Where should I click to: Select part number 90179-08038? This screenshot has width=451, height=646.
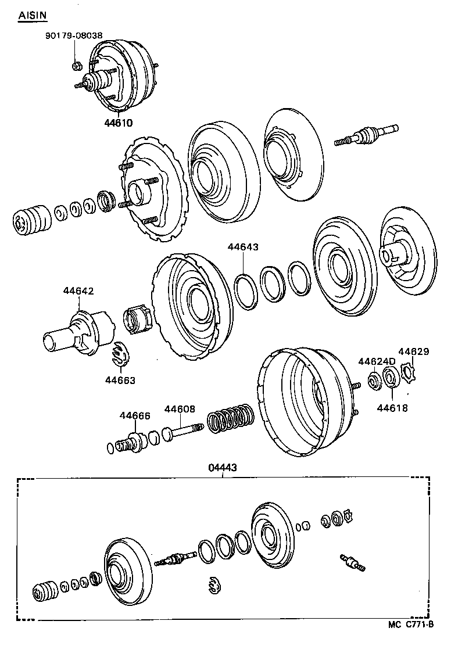73,35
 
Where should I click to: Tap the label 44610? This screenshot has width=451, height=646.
119,123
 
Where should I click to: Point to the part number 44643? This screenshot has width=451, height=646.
242,247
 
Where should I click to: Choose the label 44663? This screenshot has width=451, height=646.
120,381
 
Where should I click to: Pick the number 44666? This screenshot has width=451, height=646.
135,415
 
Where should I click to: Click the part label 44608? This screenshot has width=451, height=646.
180,409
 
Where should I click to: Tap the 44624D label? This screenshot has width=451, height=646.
377,361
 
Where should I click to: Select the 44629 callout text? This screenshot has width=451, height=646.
413,351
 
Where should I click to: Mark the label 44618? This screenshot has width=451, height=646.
392,408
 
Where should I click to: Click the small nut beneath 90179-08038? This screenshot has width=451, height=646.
76,64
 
